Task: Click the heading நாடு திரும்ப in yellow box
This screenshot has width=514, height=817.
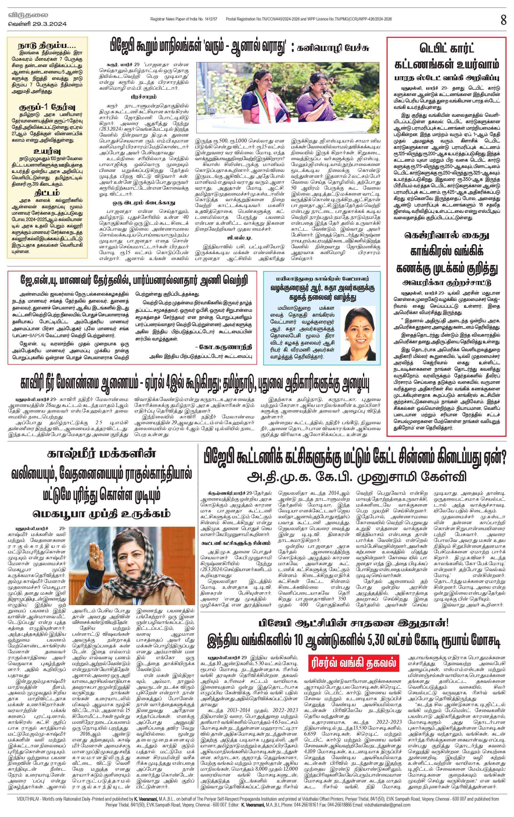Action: (47, 46)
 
